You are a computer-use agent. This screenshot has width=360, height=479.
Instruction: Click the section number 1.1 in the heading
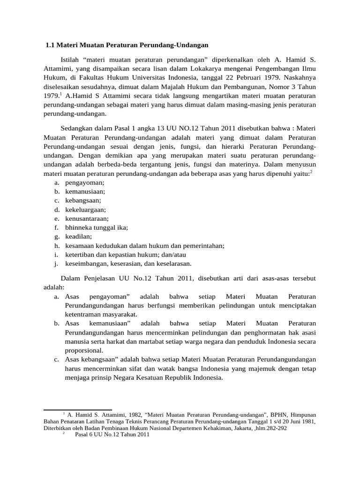50,45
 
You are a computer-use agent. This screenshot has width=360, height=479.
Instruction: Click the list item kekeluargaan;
86,210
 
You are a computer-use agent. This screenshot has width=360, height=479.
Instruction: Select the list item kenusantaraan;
87,218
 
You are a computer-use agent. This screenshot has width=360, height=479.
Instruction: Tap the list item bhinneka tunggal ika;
97,227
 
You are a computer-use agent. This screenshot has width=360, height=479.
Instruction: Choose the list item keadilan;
78,236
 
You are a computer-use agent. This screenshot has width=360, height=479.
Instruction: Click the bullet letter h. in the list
57,245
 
